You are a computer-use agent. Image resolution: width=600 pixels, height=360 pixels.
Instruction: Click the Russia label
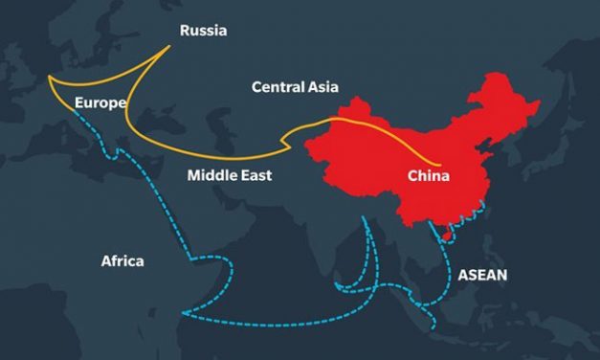(x=203, y=32)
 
